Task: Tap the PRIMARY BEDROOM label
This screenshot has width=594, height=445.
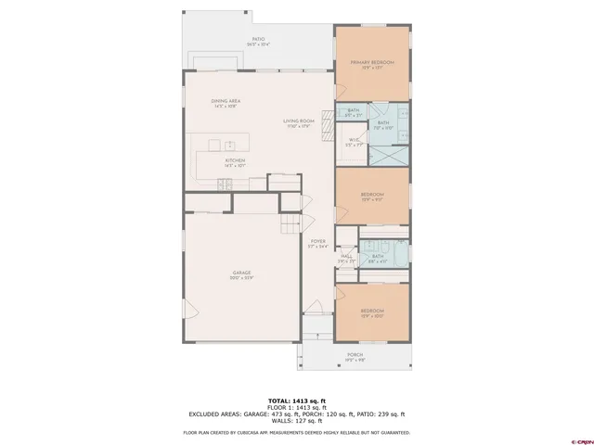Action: [x=371, y=64]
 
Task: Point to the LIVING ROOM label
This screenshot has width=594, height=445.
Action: [x=299, y=122]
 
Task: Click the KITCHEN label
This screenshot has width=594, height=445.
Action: [x=235, y=161]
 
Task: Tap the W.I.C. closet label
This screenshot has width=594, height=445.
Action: [x=354, y=142]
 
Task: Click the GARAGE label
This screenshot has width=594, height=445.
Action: [x=241, y=274]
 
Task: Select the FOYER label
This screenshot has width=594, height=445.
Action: [x=318, y=244]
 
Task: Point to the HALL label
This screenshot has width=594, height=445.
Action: [x=345, y=259]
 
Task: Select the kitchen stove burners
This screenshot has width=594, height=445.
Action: [x=226, y=185]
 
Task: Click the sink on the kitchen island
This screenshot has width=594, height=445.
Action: [x=226, y=145]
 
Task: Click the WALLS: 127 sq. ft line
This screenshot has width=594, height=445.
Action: [x=296, y=422]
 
